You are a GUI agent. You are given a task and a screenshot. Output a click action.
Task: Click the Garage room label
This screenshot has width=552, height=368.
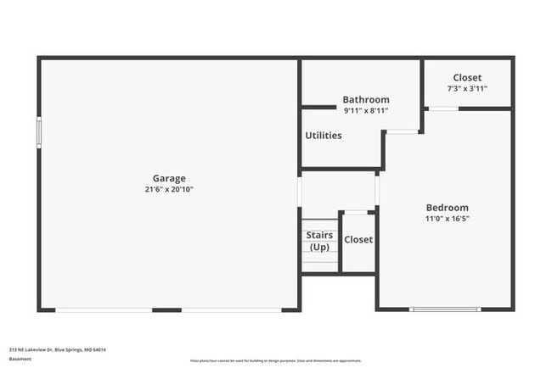click(169, 178)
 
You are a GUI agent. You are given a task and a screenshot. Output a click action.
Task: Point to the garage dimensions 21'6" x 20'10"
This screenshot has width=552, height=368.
click(169, 189)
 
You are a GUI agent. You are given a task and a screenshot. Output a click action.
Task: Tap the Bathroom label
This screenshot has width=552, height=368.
click(366, 99)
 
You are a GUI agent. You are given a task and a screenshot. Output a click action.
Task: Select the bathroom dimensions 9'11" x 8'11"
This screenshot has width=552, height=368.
click(366, 109)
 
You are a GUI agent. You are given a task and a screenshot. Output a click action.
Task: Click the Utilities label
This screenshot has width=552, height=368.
click(323, 135)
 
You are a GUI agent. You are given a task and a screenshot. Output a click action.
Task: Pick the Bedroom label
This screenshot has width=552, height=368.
click(447, 207)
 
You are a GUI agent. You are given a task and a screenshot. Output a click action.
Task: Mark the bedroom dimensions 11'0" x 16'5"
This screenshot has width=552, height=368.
click(447, 218)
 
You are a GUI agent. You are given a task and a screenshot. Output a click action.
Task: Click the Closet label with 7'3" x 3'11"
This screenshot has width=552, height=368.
click(467, 77)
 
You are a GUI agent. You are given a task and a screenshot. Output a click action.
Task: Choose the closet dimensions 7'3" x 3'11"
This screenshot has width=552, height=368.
click(467, 88)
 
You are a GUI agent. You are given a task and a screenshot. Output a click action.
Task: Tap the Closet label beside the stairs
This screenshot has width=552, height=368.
click(358, 239)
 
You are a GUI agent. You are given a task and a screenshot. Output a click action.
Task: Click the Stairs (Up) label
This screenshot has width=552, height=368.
click(319, 241)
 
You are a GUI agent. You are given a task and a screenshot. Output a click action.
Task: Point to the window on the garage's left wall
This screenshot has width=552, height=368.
click(39, 133)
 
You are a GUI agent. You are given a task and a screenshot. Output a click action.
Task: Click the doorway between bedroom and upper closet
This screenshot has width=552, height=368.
click(442, 109)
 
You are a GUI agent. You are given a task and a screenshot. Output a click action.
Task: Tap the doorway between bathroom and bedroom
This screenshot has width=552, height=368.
click(403, 131)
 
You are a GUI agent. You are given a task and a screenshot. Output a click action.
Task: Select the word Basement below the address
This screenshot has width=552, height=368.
click(20, 359)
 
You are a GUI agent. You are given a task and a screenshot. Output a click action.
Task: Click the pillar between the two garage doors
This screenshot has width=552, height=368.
click(166, 309)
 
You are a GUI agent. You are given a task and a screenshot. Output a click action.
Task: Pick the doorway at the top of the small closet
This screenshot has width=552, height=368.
click(358, 212)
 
